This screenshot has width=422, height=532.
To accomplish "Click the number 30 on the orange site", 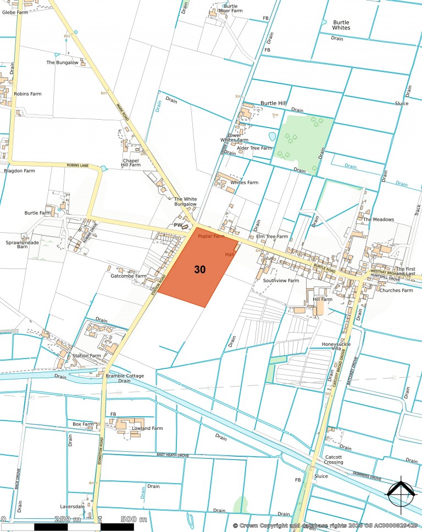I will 200,270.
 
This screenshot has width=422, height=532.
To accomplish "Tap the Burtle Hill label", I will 274,103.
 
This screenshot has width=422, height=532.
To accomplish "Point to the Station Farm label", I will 87,356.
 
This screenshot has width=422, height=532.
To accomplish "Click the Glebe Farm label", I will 15,12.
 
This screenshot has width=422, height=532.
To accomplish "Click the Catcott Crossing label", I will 334,460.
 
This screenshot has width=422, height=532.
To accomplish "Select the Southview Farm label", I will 281,281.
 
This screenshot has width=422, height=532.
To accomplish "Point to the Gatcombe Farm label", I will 129,276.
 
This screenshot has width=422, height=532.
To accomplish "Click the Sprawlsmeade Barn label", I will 23,244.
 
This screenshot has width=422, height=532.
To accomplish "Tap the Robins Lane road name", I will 77,165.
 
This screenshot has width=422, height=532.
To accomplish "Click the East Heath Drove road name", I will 173,455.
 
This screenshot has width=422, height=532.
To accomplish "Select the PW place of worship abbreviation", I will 177,225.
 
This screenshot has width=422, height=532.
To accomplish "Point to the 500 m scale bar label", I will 134,519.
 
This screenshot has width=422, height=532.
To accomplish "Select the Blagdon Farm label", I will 19,171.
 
